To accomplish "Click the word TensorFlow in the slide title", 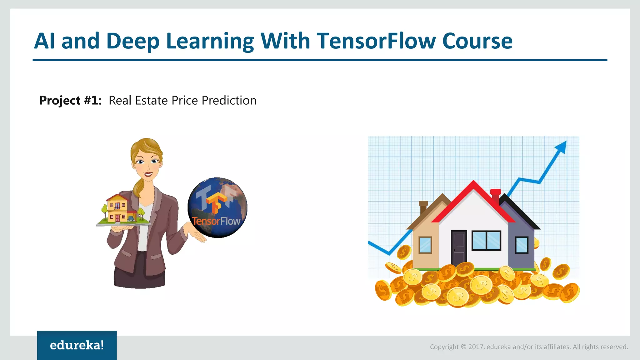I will click(x=376, y=41).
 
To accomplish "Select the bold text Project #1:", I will click(x=70, y=101).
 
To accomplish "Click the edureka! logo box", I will click(x=77, y=345).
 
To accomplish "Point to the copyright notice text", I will click(x=529, y=347).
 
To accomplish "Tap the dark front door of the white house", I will click(x=458, y=247).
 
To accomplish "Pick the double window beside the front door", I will click(x=486, y=240).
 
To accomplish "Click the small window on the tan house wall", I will click(x=425, y=245).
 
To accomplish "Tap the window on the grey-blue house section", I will click(x=522, y=245).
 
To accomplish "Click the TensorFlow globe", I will click(x=217, y=207).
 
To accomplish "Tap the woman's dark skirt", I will click(x=139, y=275).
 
